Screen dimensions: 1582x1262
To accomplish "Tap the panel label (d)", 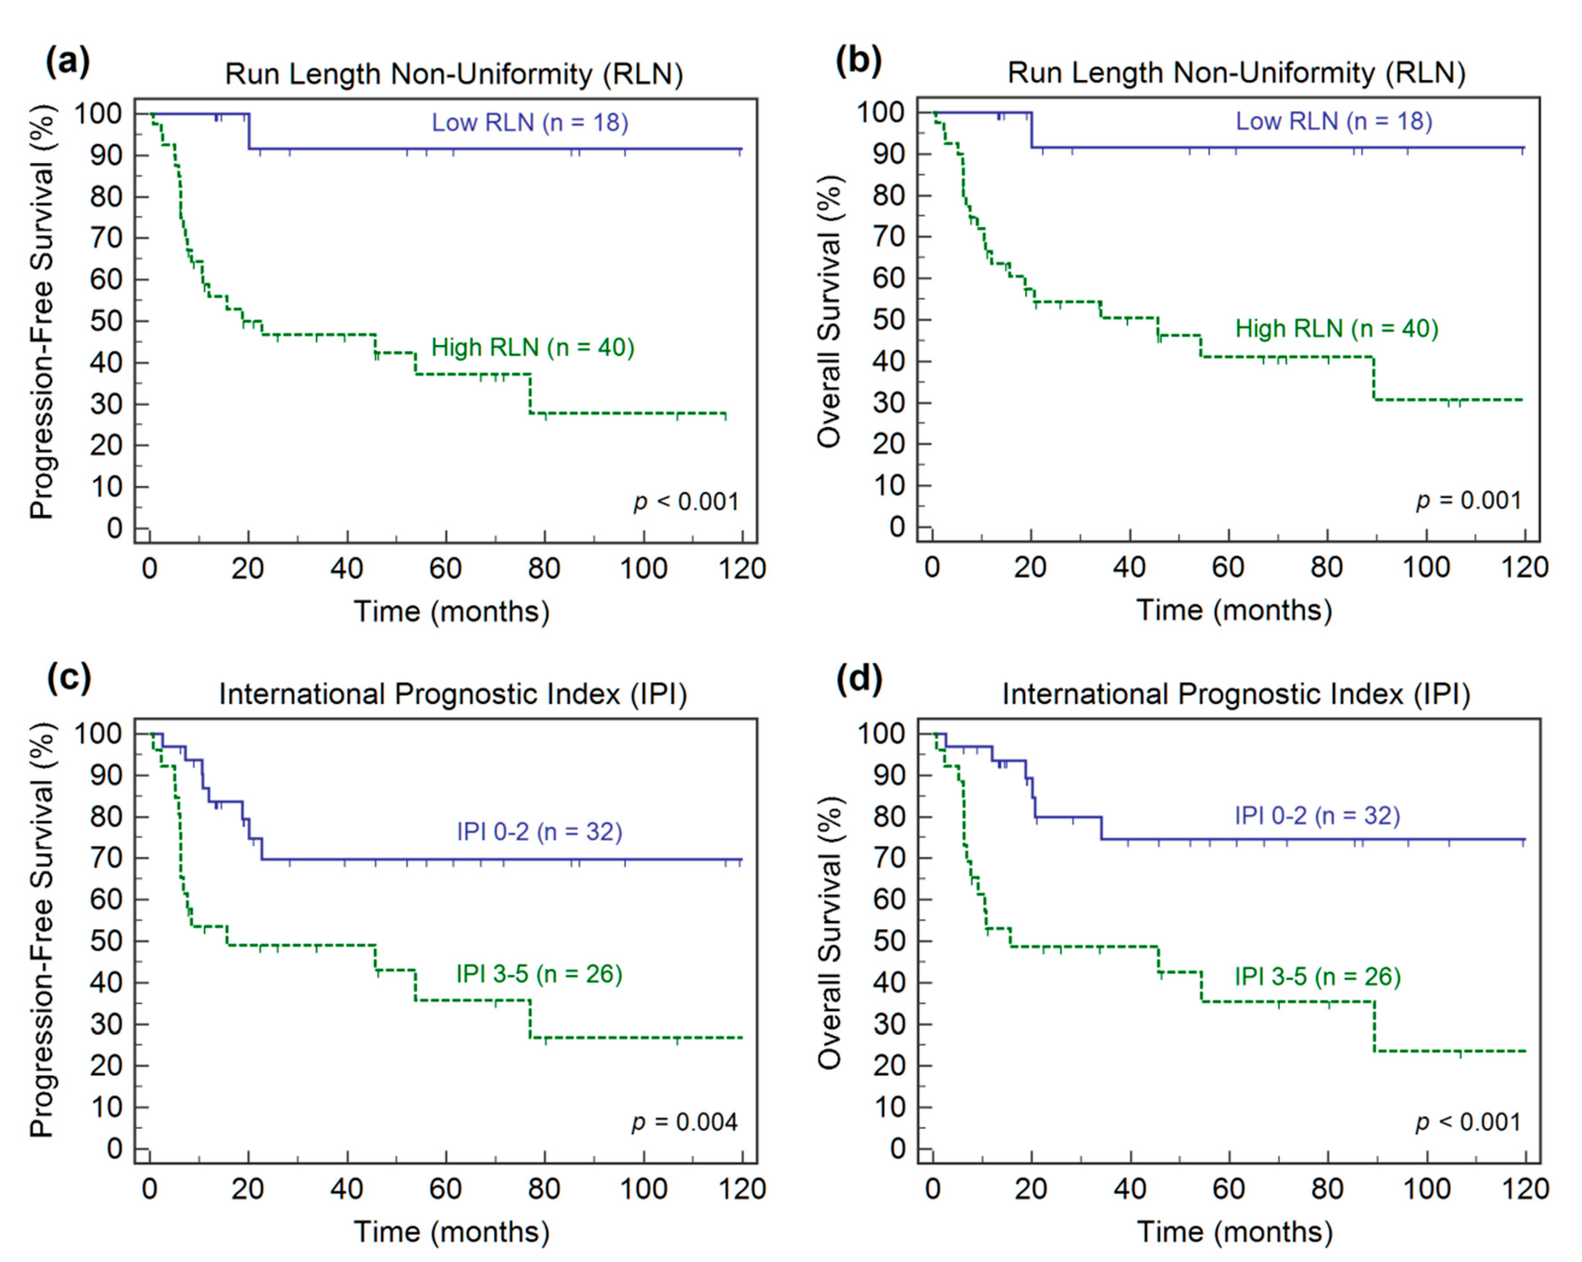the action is [x=859, y=680].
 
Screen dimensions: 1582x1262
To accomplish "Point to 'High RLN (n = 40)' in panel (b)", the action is [x=1337, y=328].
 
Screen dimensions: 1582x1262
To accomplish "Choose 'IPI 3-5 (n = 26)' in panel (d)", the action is [x=1318, y=977].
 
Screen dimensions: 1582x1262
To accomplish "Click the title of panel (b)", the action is [x=1236, y=73].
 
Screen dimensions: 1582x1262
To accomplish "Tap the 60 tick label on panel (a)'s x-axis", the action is [x=445, y=568].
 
